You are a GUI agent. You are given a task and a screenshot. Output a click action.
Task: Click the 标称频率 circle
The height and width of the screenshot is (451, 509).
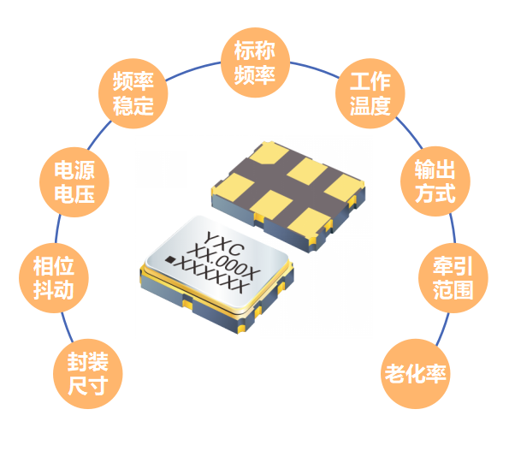coord(255,62)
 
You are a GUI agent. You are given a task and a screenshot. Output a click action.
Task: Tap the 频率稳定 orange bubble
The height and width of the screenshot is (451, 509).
coord(133,93)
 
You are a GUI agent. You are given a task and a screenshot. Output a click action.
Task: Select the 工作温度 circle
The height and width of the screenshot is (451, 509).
coord(370,93)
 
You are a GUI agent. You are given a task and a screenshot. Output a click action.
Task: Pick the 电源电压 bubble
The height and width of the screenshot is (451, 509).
coord(74,181)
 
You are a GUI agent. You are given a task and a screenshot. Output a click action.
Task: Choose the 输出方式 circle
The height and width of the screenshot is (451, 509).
coord(435,181)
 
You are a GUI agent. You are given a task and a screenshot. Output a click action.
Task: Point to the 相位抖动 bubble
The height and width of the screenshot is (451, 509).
coord(54,278)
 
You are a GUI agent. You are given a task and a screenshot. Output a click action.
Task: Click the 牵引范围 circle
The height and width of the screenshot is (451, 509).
coord(453,278)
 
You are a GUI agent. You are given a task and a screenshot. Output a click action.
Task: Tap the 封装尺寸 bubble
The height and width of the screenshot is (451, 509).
coord(87,374)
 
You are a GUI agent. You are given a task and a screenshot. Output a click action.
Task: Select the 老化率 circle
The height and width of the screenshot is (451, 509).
coord(415,374)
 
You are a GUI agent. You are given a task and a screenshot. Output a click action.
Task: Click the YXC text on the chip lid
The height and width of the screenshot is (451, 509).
coord(224,244)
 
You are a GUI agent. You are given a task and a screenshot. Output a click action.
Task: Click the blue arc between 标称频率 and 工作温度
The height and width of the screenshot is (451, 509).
coord(314,68)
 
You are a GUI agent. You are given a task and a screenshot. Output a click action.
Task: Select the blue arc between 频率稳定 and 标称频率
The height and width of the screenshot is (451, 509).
coord(193,70)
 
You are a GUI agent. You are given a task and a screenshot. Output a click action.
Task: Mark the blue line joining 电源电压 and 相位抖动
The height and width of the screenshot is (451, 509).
coord(57,229)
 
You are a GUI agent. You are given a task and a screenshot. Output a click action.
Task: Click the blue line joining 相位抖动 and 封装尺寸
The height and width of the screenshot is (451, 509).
coord(68,327)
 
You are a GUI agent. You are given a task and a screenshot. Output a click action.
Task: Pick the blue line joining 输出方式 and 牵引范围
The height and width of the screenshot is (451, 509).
coord(453,228)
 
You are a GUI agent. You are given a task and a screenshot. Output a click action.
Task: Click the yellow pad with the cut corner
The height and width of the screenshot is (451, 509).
coord(265,153)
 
